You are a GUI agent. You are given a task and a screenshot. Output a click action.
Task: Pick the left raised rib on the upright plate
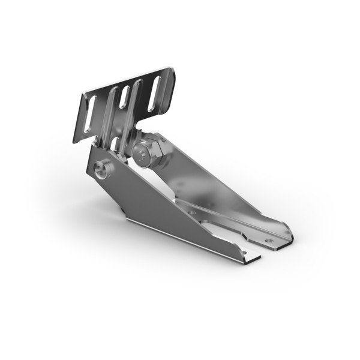coord(112,111)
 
